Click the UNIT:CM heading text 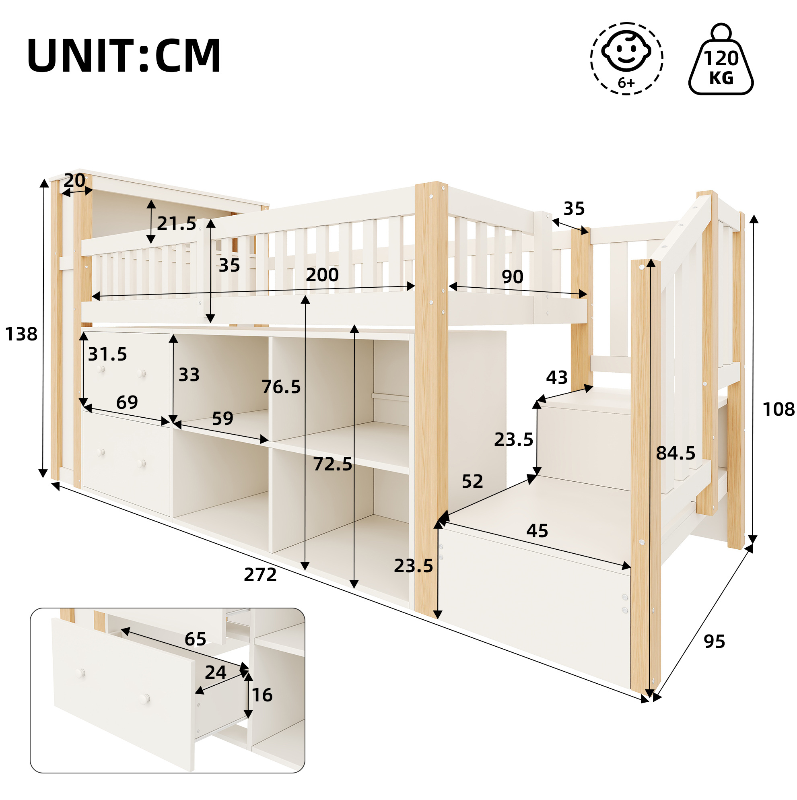click(x=124, y=56)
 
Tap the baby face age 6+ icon click(x=626, y=59)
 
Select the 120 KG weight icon click(x=721, y=59)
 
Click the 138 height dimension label click(x=21, y=334)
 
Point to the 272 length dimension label click(x=260, y=575)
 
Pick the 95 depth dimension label click(x=715, y=641)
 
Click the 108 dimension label click(x=778, y=410)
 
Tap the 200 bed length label click(x=322, y=275)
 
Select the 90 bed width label click(x=513, y=276)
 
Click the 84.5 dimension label click(x=675, y=454)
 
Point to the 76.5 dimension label click(x=281, y=387)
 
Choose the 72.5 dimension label click(x=332, y=464)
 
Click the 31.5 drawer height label click(x=107, y=354)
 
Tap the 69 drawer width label click(x=127, y=402)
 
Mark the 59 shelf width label click(x=223, y=419)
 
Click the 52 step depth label click(x=472, y=481)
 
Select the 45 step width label click(x=538, y=530)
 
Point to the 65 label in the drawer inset click(x=196, y=639)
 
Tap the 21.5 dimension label click(x=176, y=224)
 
